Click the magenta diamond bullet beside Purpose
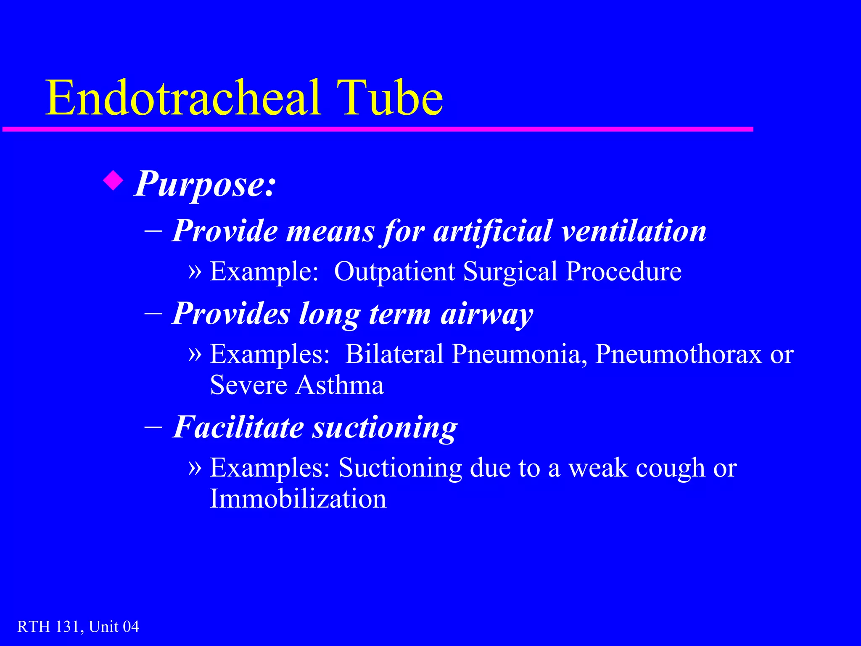click(x=113, y=181)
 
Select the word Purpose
click(x=205, y=184)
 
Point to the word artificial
click(x=492, y=231)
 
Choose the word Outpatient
click(x=394, y=271)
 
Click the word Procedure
click(x=623, y=271)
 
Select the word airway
click(x=487, y=314)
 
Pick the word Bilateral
click(x=394, y=354)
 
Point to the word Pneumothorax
click(x=678, y=354)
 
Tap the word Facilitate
click(x=238, y=427)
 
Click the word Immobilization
click(x=298, y=499)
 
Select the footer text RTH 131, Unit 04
click(x=78, y=627)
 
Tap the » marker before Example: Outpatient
click(x=195, y=270)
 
